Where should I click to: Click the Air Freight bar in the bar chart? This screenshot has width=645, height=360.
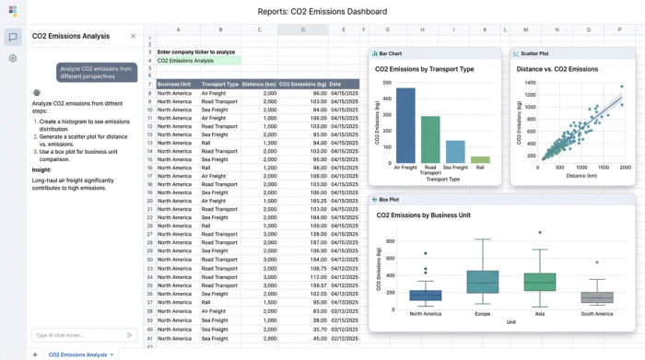point(405,126)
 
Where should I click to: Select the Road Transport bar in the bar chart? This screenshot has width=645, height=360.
point(430,140)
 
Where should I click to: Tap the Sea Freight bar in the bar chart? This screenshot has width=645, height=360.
point(455,152)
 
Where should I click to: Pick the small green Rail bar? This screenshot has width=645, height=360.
point(480,160)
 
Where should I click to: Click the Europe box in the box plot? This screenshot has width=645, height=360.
point(482,282)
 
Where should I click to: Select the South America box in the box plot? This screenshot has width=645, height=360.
point(597,297)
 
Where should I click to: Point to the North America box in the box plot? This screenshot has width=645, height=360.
point(425,296)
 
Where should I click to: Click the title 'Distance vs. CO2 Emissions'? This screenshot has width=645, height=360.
point(557,69)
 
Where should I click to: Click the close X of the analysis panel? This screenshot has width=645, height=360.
point(133,37)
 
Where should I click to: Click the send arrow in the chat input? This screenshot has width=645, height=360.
point(129,335)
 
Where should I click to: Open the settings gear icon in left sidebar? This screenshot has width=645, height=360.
point(13,58)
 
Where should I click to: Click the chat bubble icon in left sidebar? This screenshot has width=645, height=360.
point(13,37)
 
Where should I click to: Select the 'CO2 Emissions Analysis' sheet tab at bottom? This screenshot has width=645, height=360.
point(78,354)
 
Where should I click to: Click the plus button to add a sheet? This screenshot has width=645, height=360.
point(35,354)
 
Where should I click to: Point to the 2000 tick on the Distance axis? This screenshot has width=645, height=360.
point(626,168)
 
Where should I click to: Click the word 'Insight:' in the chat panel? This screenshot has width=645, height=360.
point(41,169)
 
